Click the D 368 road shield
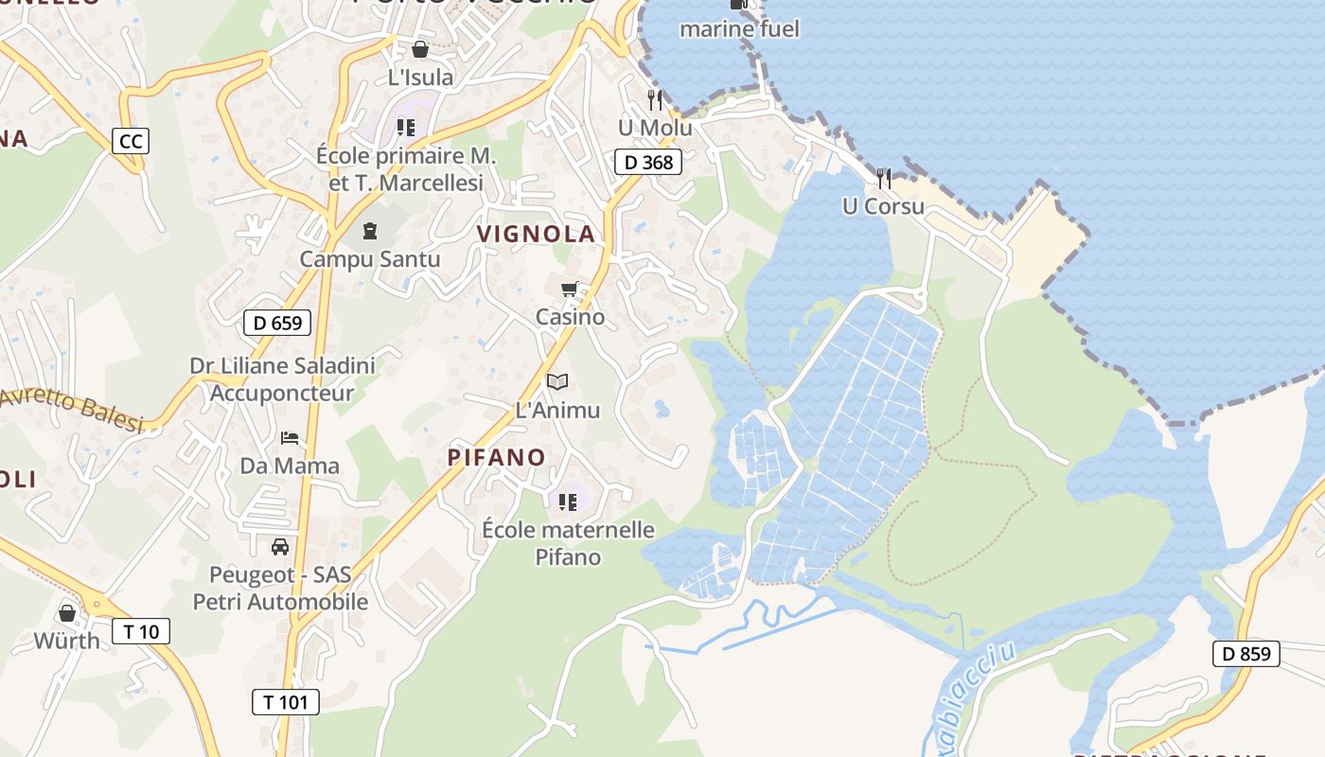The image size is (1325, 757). pos(649,162)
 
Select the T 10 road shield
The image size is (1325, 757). pos(141,631)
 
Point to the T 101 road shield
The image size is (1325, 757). pos(285,702)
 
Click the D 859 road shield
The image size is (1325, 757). pos(1245,653)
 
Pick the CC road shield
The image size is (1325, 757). pos(131,141)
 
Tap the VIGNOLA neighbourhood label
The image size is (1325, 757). pos(537,234)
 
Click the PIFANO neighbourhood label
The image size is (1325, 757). pos(497,458)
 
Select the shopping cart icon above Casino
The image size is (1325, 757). pos(569,290)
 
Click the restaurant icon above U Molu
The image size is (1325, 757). pos(654,99)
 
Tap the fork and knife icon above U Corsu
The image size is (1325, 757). pos(883,178)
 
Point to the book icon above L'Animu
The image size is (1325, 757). pos(557,382)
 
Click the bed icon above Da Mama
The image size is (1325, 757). pos(290,438)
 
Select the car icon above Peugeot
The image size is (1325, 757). pos(280,546)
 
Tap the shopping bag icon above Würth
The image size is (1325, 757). pos(67,613)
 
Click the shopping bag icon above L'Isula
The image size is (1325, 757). pos(420,49)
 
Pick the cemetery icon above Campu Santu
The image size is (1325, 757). pos(370,230)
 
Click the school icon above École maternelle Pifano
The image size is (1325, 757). pos(568,502)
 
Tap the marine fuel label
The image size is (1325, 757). pos(739,29)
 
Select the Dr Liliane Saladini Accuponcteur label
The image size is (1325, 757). pos(282,378)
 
